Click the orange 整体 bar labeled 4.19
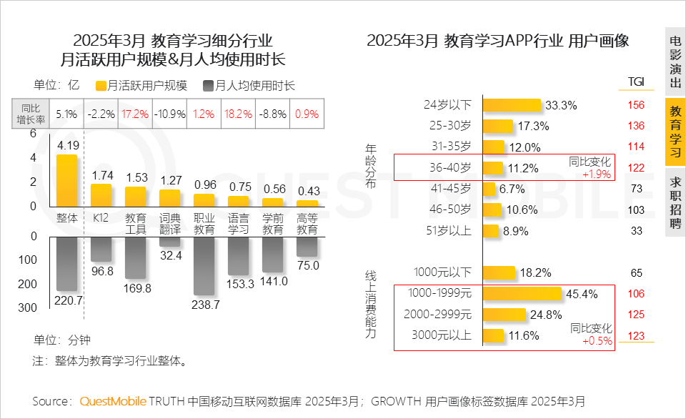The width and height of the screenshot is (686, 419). tap(66, 180)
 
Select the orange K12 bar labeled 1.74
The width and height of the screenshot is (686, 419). tap(101, 195)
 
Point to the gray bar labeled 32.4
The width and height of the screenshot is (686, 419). tap(169, 242)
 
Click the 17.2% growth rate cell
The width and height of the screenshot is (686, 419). tap(135, 114)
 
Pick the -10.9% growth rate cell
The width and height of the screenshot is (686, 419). tap(170, 114)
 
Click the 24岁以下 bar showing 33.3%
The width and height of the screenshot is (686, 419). tap(512, 105)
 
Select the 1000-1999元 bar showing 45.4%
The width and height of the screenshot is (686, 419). tap(522, 294)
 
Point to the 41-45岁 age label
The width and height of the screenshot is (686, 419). tap(452, 189)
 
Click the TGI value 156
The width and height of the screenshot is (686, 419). tap(635, 105)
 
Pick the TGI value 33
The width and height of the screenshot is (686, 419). tap(636, 231)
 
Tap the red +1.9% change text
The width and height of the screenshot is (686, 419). tap(596, 174)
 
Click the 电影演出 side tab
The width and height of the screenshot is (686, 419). tap(675, 63)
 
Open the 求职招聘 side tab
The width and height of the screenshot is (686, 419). tap(675, 202)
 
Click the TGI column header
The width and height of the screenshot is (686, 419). tap(635, 82)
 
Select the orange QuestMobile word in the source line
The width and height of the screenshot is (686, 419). tap(112, 400)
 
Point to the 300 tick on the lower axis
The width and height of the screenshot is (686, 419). tap(29, 308)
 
